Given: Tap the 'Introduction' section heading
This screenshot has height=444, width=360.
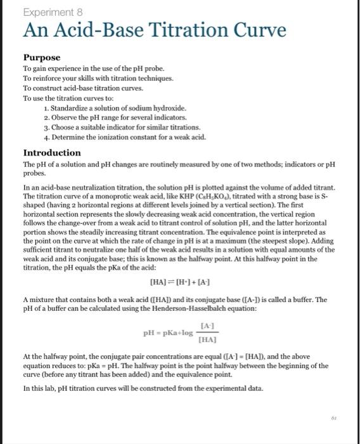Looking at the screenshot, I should tap(52, 153).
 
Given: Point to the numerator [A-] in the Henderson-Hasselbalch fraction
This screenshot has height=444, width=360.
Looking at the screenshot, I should tap(206, 325).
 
